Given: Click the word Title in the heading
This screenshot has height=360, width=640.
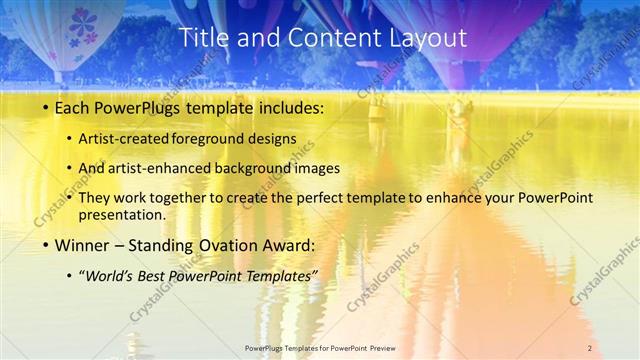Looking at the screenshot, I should pyautogui.click(x=201, y=39).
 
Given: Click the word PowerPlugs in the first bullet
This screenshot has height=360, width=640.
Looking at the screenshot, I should pyautogui.click(x=137, y=106).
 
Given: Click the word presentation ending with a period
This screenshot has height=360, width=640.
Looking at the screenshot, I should pyautogui.click(x=127, y=214).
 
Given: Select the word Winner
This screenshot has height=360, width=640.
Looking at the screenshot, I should pyautogui.click(x=81, y=245).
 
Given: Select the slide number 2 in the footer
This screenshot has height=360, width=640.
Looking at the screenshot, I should pyautogui.click(x=590, y=347).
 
